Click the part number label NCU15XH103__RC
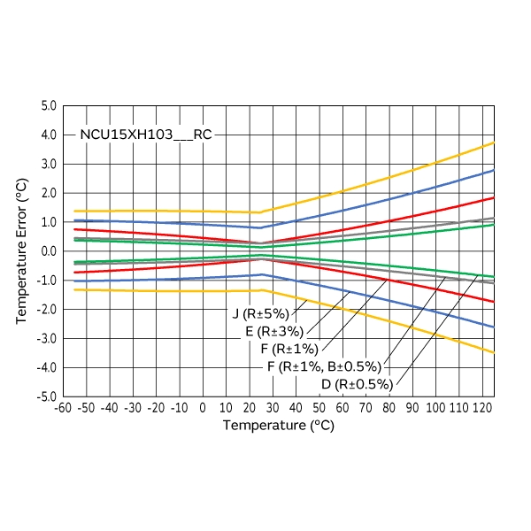(146, 135)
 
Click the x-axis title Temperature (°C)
(278, 426)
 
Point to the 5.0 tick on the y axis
(47, 106)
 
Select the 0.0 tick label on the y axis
(47, 251)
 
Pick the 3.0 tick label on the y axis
(47, 165)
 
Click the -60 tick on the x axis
(62, 408)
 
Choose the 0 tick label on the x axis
(203, 408)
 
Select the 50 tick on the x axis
(319, 408)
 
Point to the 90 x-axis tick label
(412, 408)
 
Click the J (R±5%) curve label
(262, 314)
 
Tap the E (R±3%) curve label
(274, 332)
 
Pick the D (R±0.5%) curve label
(357, 384)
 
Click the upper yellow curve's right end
(493, 142)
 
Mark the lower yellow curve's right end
(493, 352)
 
